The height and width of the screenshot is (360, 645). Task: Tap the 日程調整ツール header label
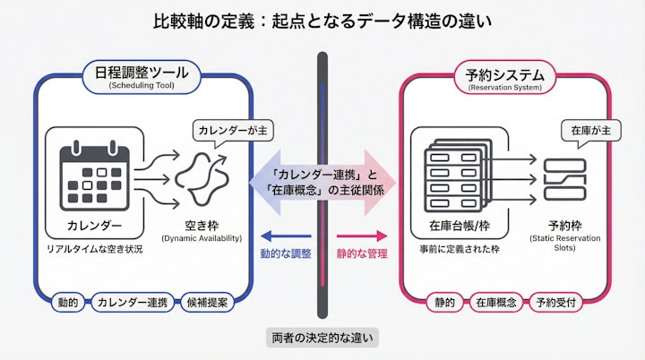143,76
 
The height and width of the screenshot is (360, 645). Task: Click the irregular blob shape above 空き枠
208,176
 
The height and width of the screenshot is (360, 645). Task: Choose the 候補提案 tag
207,302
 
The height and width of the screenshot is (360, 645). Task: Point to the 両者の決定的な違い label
322,338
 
